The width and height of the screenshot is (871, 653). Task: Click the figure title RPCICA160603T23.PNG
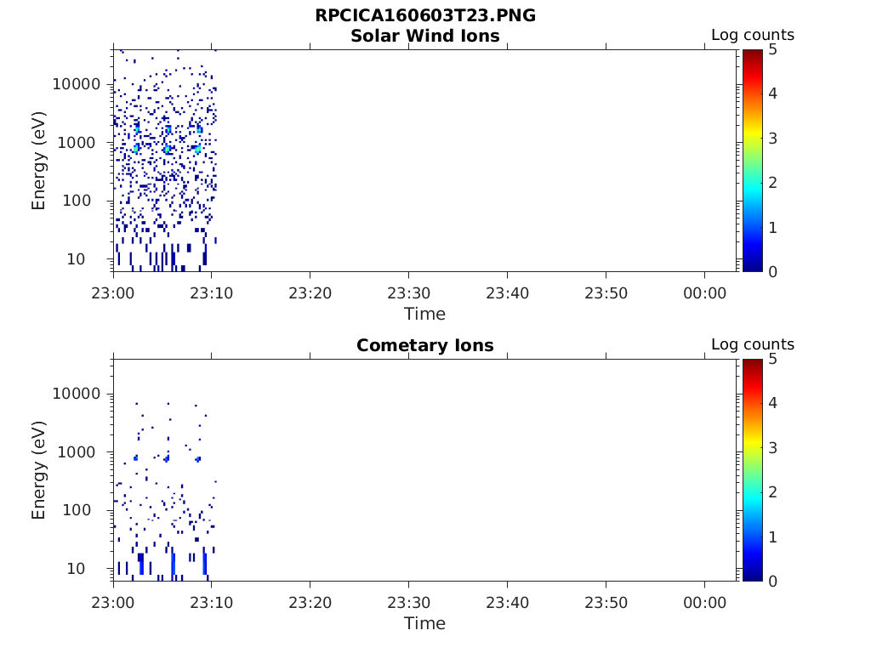point(425,16)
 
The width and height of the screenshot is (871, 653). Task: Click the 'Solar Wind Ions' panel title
point(425,36)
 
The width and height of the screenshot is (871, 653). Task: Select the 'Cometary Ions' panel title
point(425,345)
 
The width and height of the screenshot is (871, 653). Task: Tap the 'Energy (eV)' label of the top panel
point(39,161)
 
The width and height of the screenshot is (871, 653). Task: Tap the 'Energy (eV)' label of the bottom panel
point(39,470)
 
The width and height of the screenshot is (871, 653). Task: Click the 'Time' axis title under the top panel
point(424,314)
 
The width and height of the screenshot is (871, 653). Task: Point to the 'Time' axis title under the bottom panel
point(424,623)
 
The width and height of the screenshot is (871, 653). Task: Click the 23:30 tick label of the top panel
point(409,292)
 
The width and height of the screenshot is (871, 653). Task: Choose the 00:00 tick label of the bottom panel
point(704,602)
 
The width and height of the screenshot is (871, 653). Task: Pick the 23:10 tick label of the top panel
point(212,292)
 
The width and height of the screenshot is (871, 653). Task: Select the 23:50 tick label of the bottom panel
point(606,602)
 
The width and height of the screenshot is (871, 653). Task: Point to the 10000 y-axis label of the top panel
point(77,84)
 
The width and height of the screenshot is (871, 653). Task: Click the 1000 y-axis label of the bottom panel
point(82,452)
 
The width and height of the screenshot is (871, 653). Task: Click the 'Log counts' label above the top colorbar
point(753,35)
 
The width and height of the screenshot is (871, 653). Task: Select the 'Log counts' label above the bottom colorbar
point(753,344)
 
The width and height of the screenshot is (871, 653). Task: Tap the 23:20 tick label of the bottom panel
point(310,602)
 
